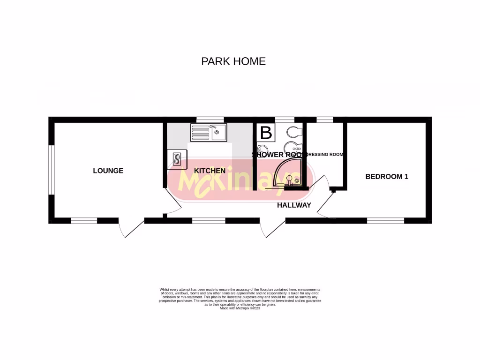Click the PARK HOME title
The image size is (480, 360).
coord(233,61)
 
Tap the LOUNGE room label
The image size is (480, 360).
coord(108,171)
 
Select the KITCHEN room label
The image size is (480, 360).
coord(210,171)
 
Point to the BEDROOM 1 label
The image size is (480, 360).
coord(387,177)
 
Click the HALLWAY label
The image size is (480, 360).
coord(294,205)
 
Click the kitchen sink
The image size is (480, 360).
coord(209,132)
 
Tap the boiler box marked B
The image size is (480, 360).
coord(266,133)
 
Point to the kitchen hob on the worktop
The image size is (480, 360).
coord(177,158)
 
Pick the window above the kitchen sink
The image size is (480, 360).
coord(210,119)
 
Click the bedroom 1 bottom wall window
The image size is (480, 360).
coord(385,220)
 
